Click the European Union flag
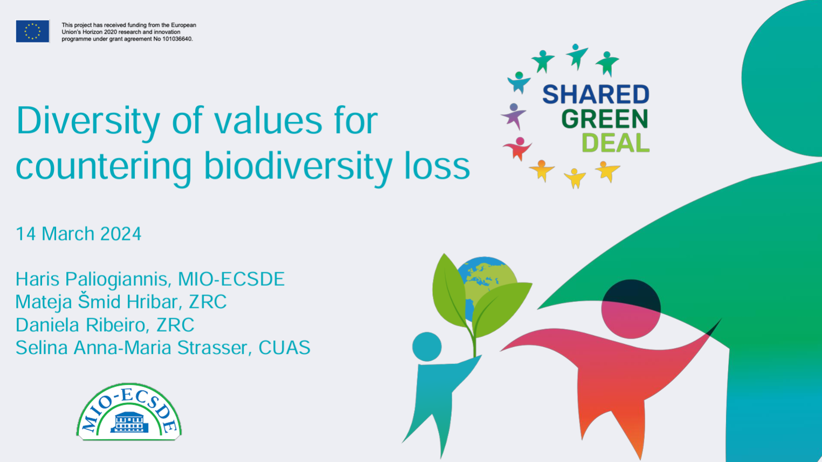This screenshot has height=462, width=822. pos(32,31)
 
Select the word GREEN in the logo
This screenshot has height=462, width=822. pos(604,119)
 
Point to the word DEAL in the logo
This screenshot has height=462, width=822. pos(616,143)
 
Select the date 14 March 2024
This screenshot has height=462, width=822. pos(79,234)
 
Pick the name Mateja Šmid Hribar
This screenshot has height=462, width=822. pos(97,302)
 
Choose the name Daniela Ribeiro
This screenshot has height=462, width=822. pos(81,325)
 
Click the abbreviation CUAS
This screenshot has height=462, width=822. pos(285,348)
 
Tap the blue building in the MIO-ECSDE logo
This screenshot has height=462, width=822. pos(129,422)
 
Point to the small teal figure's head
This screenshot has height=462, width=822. pos(427,347)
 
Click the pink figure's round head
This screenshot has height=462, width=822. pos(631,309)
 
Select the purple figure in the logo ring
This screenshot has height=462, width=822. pos(514,116)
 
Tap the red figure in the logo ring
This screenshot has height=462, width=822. pos(518,148)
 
